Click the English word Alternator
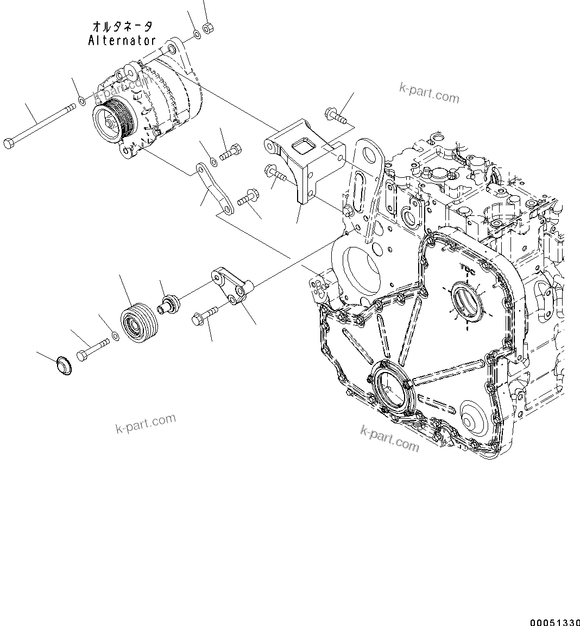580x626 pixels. (x=122, y=40)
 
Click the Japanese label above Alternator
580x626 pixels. (x=122, y=26)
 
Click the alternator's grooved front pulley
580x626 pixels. (x=111, y=117)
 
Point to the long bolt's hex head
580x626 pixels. (x=8, y=144)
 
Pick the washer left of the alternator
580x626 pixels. (x=81, y=100)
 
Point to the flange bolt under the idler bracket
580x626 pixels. (x=204, y=315)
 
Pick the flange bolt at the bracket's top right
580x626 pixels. (x=336, y=115)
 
